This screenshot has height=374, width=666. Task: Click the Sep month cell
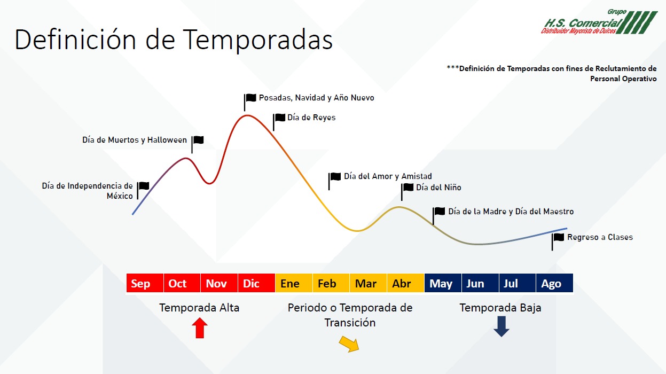145,283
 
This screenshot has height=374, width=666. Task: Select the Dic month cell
256,283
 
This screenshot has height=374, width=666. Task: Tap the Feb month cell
331,283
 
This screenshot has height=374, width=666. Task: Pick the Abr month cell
405,283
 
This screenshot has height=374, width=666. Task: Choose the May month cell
443,283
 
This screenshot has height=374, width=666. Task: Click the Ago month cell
554,283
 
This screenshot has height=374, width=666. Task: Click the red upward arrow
200,328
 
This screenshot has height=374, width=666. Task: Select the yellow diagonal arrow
349,344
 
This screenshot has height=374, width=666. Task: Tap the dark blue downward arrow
502,326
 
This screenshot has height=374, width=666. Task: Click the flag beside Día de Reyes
279,122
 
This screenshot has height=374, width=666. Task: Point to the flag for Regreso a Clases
558,242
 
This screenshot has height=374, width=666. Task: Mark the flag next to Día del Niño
407,192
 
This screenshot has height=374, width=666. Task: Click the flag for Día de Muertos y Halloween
198,145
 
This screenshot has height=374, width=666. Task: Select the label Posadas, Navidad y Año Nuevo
316,98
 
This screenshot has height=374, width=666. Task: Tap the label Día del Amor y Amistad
388,176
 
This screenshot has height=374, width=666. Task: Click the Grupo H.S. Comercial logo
599,22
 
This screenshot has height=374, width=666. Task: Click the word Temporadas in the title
257,40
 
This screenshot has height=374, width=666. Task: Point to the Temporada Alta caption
199,308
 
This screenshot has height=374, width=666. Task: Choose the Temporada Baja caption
500,308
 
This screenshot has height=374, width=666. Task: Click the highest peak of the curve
247,115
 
